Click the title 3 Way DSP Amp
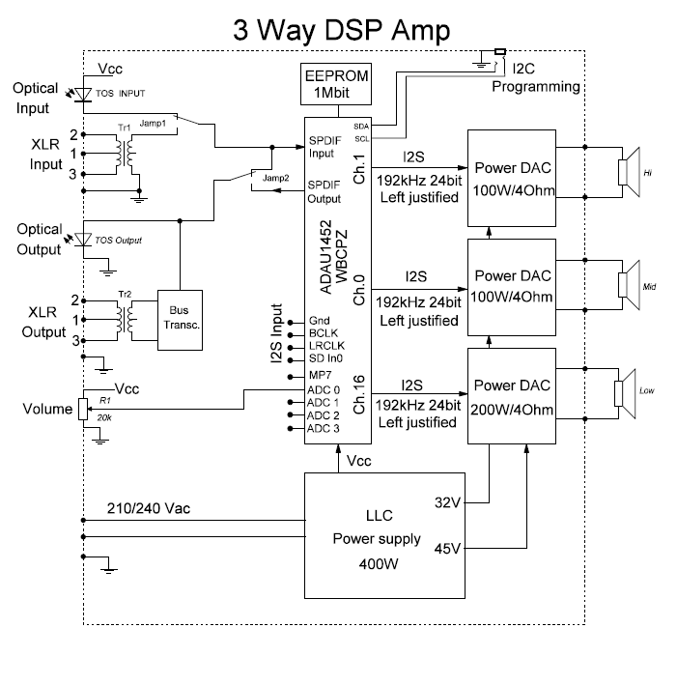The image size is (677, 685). coord(341,29)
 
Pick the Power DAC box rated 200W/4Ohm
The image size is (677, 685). coord(511,397)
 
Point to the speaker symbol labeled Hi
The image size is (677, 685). coord(629,172)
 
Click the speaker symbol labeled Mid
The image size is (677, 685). coord(629,282)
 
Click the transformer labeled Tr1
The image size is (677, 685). coord(122,152)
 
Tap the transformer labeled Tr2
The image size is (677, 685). coord(122,317)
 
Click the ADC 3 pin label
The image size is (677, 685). coord(324,428)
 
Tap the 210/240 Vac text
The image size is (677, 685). coord(148,508)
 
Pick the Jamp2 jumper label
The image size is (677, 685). coord(276,179)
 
